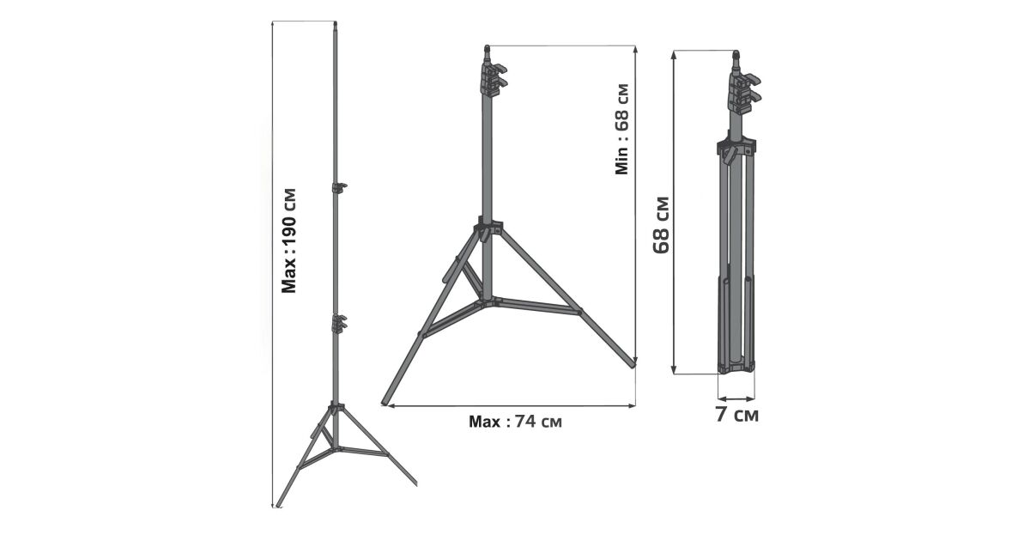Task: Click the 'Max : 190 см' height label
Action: (288, 240)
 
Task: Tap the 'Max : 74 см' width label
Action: (515, 422)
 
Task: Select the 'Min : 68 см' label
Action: (621, 130)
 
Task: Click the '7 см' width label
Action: (736, 415)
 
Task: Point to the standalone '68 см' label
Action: (662, 225)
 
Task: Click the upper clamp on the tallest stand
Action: (339, 187)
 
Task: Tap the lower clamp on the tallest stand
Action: (339, 323)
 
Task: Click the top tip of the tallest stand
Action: (336, 23)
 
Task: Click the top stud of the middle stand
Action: (488, 53)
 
